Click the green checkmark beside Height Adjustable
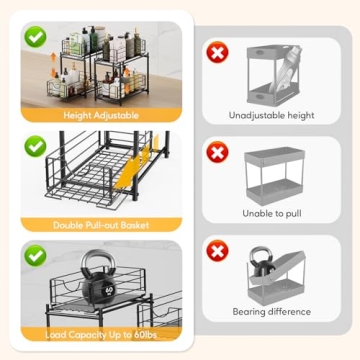tap(35, 37)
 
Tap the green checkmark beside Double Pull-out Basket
tap(35, 146)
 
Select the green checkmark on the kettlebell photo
tap(35, 255)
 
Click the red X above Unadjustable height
tap(217, 52)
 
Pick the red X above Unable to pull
tap(217, 152)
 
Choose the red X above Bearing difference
tap(217, 251)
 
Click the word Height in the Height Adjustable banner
tap(77, 116)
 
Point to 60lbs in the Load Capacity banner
tap(145, 334)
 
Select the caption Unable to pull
tap(272, 213)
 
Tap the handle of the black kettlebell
tap(98, 261)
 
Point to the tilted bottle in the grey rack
tap(285, 69)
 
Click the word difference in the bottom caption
tap(292, 312)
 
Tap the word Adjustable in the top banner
tap(116, 116)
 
